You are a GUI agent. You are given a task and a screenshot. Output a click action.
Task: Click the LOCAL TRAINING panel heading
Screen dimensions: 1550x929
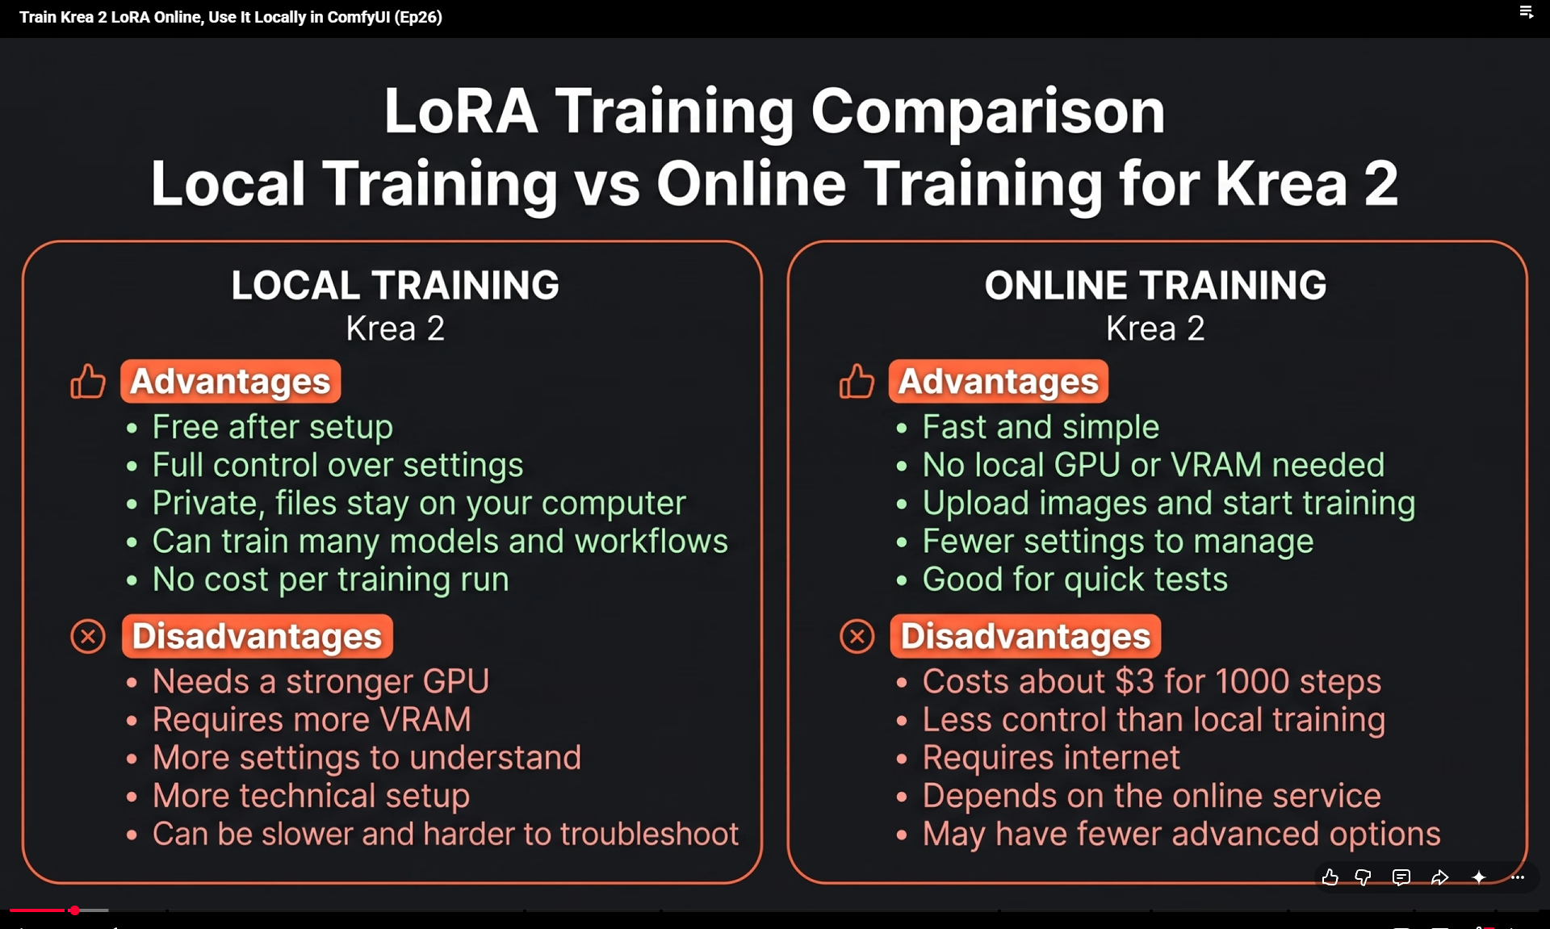click(x=395, y=285)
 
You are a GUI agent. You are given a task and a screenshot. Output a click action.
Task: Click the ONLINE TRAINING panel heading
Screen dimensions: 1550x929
click(x=1155, y=285)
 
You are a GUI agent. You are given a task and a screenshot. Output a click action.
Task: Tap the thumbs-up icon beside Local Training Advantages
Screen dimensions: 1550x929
click(x=87, y=381)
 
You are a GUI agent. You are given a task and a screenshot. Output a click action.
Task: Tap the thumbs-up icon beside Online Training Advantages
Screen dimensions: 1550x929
click(x=857, y=381)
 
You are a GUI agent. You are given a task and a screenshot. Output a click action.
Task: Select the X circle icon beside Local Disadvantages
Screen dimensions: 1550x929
click(x=88, y=637)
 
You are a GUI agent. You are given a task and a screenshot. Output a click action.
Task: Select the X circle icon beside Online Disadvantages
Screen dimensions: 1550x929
click(x=857, y=637)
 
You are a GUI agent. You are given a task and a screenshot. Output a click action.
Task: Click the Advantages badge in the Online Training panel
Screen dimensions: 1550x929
click(x=999, y=381)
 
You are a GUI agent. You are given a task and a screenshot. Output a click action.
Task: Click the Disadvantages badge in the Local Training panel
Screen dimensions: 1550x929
click(x=257, y=636)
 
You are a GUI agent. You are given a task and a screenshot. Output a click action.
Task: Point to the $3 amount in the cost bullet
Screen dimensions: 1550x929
click(x=1134, y=681)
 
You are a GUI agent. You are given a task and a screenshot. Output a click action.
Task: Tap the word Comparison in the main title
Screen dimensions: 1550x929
click(x=987, y=111)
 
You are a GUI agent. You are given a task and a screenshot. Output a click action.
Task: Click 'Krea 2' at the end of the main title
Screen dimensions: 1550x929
click(x=1306, y=183)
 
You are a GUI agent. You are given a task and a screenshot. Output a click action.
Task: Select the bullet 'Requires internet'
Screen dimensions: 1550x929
click(x=1051, y=757)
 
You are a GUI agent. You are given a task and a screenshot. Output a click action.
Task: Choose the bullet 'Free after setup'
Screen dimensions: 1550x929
click(x=273, y=427)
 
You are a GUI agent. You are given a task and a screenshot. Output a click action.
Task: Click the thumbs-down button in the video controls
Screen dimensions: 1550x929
click(x=1364, y=877)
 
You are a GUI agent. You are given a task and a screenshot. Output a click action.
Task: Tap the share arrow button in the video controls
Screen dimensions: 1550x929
click(x=1439, y=877)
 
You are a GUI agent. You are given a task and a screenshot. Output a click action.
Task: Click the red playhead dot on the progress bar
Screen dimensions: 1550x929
click(x=74, y=910)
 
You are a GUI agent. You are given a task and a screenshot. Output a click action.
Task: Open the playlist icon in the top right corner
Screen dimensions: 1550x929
click(x=1526, y=13)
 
